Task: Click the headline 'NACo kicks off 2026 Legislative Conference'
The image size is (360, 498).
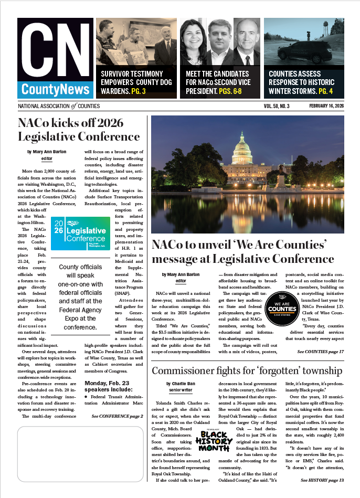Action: [x=79, y=130]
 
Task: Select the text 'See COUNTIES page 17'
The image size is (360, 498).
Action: [x=320, y=351]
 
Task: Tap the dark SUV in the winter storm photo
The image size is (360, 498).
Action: [x=306, y=52]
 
